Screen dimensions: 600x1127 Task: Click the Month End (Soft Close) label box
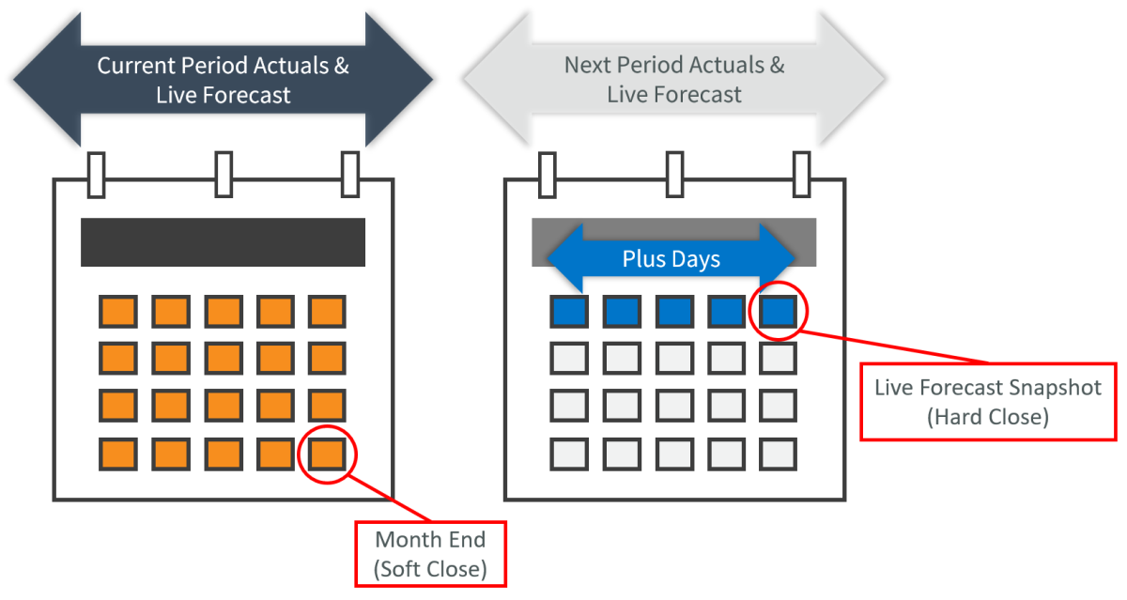[430, 554]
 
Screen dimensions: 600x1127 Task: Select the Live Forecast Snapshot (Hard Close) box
[987, 402]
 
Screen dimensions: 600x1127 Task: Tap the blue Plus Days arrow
[671, 258]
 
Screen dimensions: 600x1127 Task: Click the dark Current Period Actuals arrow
[223, 81]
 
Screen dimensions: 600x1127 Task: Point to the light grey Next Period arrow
[673, 81]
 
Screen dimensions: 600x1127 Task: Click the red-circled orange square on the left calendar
[327, 454]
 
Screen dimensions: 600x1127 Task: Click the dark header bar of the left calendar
[223, 242]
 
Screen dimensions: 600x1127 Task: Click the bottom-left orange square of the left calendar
[117, 454]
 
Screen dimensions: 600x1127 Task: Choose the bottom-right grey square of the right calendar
[779, 454]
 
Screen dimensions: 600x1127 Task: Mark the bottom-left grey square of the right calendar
[569, 454]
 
